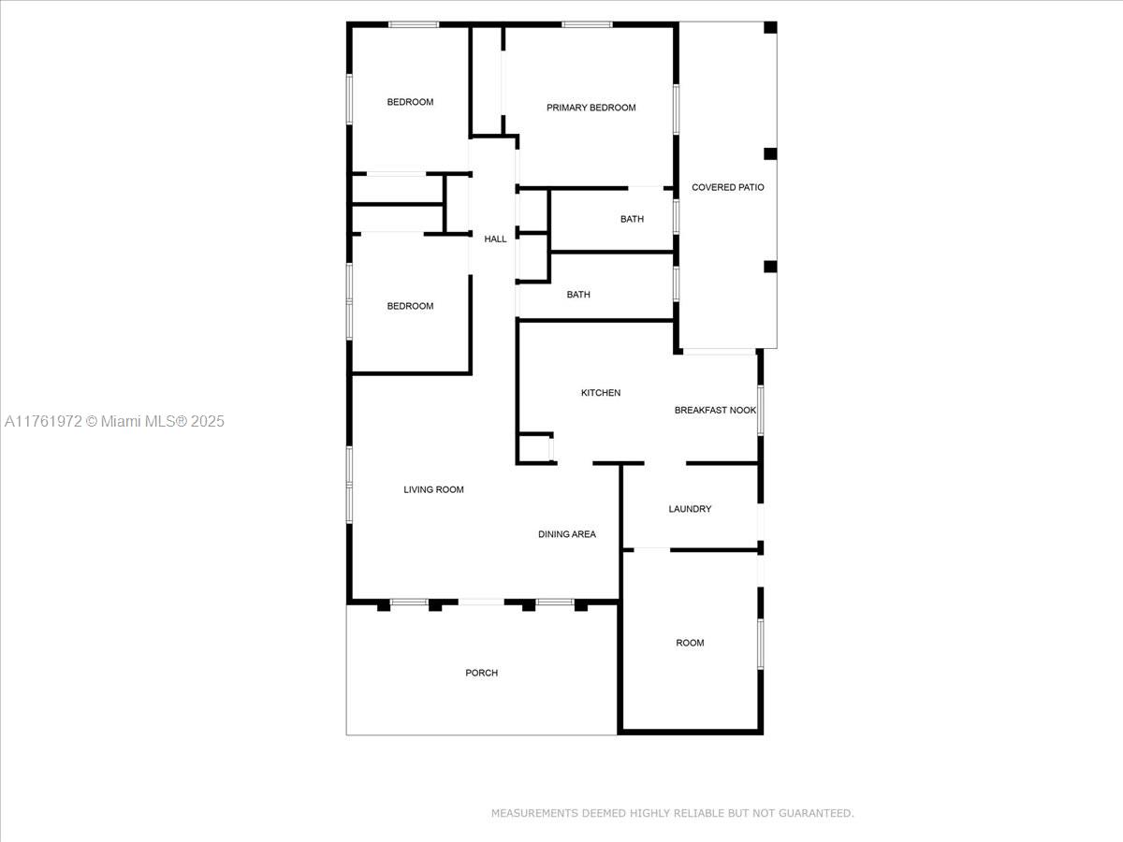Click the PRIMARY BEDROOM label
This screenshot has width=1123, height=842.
[591, 108]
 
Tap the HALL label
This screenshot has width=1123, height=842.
[495, 239]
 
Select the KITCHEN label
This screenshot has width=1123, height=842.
[601, 393]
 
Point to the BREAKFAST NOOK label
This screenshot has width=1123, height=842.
[715, 410]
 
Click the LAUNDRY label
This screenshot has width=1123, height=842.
[690, 509]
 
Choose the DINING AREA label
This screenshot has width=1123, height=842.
[567, 534]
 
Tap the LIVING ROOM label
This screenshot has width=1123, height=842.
[433, 489]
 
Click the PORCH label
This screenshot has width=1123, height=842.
[481, 673]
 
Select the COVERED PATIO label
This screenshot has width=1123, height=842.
[727, 187]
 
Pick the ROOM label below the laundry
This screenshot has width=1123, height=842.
[690, 643]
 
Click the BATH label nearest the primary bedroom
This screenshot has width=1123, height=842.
[632, 219]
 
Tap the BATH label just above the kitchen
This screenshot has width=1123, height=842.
[578, 295]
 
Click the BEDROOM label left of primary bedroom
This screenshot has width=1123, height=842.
[410, 102]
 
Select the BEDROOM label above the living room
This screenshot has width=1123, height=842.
[410, 306]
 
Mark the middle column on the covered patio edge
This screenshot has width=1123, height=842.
[770, 153]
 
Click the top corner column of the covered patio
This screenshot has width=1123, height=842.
[770, 28]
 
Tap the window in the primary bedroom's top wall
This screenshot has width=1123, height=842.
[587, 24]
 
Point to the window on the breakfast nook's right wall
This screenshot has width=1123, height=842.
[760, 411]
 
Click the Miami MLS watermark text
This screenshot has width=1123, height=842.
[114, 421]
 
